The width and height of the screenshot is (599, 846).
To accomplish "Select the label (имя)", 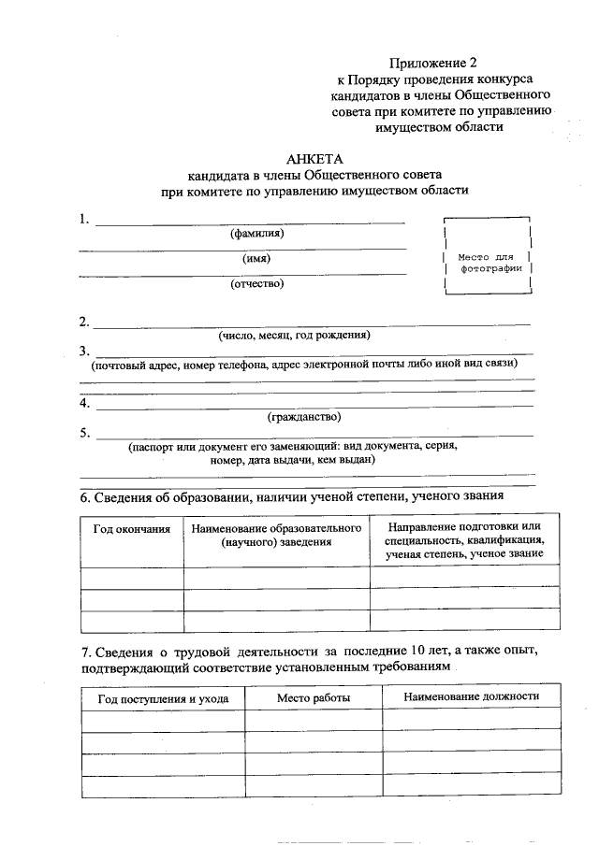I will tap(256, 259).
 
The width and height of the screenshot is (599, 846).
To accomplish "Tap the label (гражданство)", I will tap(304, 416).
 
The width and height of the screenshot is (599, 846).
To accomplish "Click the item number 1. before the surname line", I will tap(84, 220).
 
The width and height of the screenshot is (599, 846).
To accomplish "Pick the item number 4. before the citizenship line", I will tap(84, 403).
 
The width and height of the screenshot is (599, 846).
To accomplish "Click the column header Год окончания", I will tap(132, 529).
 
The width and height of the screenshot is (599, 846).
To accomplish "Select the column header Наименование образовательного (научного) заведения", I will tap(276, 536).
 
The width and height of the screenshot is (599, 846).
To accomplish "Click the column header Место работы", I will tap(314, 698).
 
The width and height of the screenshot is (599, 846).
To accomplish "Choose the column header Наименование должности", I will tap(471, 697).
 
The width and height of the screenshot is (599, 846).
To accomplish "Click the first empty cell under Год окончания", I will tap(132, 578).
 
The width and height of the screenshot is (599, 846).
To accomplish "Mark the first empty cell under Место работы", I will tap(314, 719).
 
